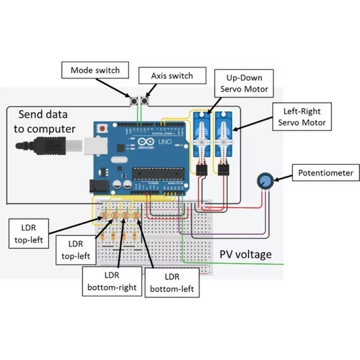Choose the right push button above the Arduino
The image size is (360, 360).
[146, 101]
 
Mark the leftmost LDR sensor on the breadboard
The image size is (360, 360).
[103, 215]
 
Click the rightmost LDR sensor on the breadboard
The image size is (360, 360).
[136, 215]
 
